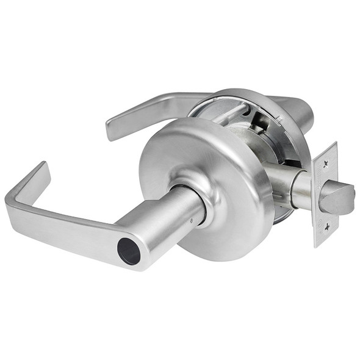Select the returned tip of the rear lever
click(113, 130)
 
